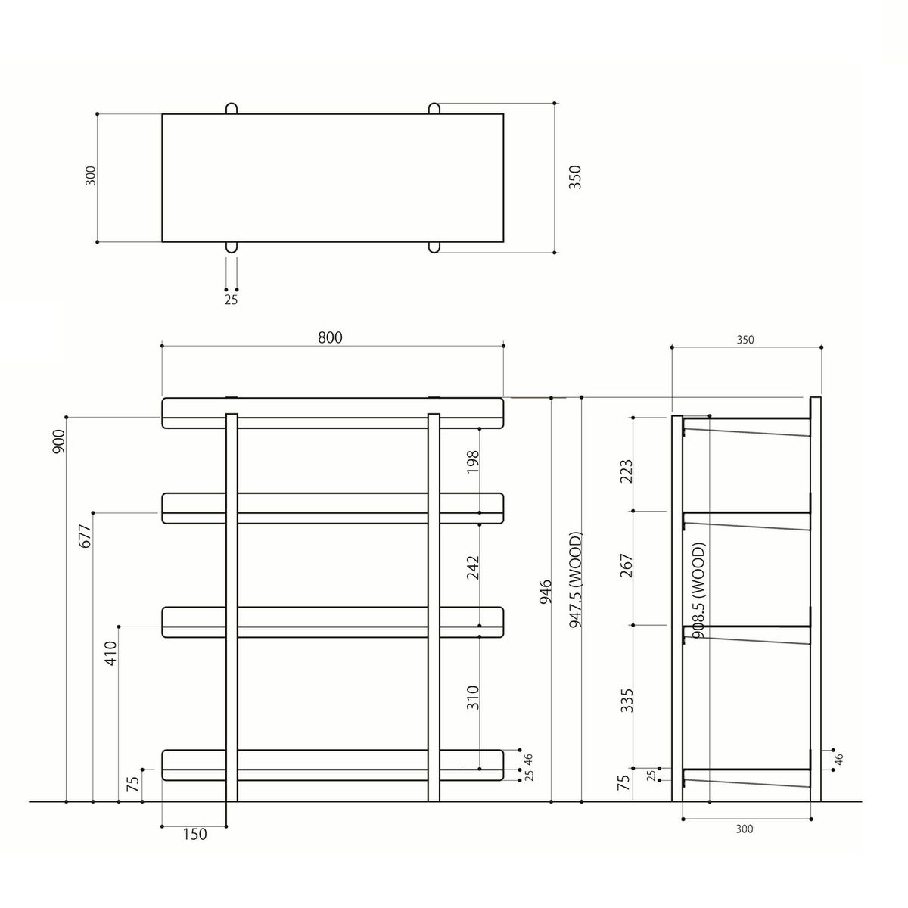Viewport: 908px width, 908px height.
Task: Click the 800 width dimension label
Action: click(330, 337)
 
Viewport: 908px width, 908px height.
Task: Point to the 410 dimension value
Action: click(112, 652)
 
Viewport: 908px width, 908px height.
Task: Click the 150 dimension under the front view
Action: click(194, 834)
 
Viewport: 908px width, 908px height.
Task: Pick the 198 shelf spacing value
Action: click(473, 461)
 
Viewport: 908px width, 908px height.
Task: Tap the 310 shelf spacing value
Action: click(473, 697)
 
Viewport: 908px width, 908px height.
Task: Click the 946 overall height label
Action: click(546, 592)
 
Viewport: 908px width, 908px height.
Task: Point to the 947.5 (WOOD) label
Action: click(576, 580)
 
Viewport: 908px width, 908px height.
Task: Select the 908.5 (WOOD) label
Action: click(698, 590)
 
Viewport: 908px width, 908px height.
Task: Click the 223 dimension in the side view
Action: click(626, 472)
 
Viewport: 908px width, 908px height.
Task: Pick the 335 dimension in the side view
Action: click(626, 700)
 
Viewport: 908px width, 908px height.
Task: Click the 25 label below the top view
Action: click(231, 300)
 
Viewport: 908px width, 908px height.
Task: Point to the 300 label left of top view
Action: click(92, 177)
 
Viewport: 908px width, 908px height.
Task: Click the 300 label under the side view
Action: click(744, 829)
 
